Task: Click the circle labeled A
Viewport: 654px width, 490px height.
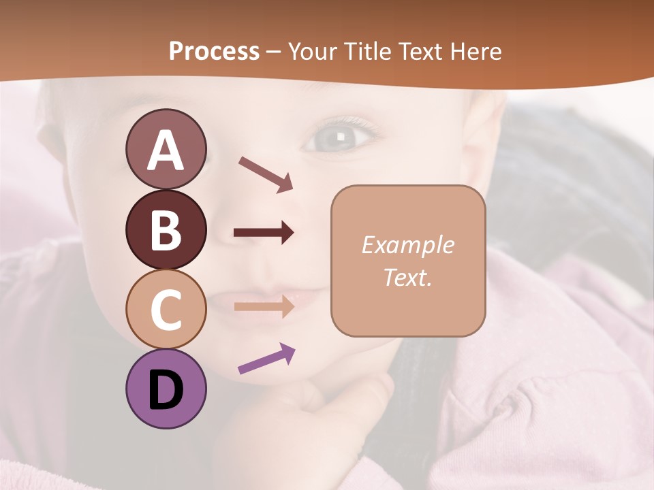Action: [166, 150]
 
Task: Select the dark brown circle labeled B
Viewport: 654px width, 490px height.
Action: [166, 229]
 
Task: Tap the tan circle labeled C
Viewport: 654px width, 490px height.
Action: [166, 309]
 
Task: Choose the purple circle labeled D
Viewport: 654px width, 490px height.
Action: [166, 389]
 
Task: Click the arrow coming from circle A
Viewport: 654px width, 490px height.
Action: [266, 174]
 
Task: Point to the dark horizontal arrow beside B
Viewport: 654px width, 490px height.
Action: [264, 233]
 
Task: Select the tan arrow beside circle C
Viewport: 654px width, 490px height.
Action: [264, 306]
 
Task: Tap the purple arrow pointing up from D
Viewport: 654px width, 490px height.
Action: [266, 358]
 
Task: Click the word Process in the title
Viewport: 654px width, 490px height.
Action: [214, 51]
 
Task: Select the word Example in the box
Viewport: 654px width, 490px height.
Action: [407, 245]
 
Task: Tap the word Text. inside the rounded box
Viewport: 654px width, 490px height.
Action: [407, 277]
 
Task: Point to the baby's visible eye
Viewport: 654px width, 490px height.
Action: [339, 138]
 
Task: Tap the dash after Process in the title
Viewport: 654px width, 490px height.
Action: [274, 52]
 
